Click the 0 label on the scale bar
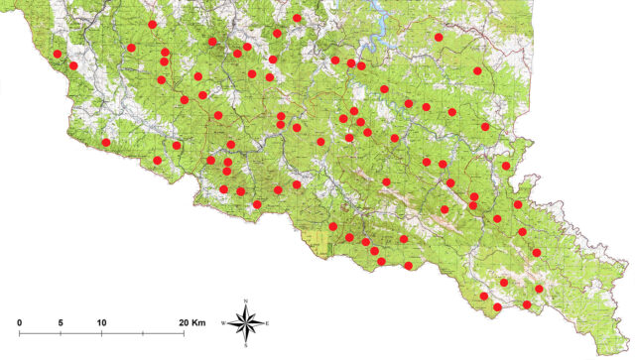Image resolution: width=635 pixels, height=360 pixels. [x=20, y=323]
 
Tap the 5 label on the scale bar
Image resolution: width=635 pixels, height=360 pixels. [x=62, y=323]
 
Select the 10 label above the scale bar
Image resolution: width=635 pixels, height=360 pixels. [x=101, y=323]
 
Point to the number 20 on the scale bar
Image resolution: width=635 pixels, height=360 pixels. [x=186, y=323]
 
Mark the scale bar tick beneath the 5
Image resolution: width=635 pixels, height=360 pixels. [x=62, y=332]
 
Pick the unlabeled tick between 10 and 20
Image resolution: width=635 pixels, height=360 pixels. [x=143, y=332]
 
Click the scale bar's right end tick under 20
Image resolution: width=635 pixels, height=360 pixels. [x=184, y=332]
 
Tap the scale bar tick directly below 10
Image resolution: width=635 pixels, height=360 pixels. [x=102, y=332]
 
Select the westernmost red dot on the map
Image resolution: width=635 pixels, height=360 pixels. [x=58, y=54]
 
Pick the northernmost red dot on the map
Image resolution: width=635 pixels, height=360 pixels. [x=298, y=18]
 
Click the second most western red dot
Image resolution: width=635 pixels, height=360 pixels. [x=73, y=65]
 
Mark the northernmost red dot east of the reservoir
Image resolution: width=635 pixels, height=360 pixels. [x=439, y=38]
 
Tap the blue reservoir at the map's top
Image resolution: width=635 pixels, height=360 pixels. [x=378, y=34]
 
